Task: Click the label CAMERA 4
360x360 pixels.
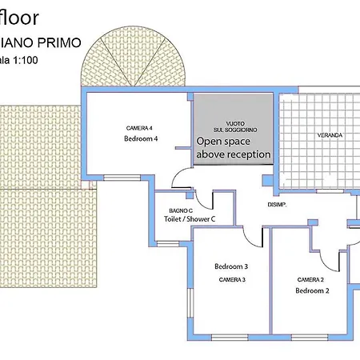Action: pyautogui.click(x=139, y=128)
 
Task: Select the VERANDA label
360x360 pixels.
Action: pyautogui.click(x=330, y=136)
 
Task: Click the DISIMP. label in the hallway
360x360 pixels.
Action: pyautogui.click(x=277, y=205)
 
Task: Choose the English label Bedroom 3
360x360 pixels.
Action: pyautogui.click(x=231, y=266)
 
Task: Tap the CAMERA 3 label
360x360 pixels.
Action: pyautogui.click(x=231, y=280)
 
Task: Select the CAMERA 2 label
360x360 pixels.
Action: pyautogui.click(x=311, y=279)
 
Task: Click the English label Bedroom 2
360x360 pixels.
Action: pyautogui.click(x=311, y=290)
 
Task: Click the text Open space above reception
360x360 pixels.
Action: pyautogui.click(x=234, y=147)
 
